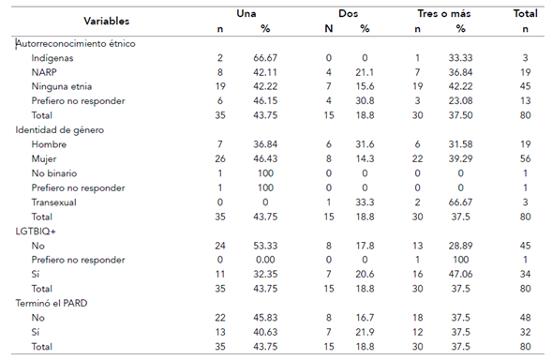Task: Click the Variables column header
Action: (106, 22)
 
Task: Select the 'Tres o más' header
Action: (444, 14)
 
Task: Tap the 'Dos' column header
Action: (349, 14)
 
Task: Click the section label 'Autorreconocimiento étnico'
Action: (76, 44)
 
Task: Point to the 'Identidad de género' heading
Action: (60, 130)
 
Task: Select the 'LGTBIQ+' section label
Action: (36, 231)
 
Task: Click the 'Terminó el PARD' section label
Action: (52, 303)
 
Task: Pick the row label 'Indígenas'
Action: (52, 58)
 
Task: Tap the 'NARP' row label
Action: (44, 72)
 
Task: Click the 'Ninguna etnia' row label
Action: (62, 86)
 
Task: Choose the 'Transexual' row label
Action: (53, 202)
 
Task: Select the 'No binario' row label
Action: (54, 173)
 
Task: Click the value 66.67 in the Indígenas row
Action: (265, 58)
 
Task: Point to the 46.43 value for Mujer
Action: (265, 158)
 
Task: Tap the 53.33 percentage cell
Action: (265, 246)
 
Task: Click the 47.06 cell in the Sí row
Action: (460, 274)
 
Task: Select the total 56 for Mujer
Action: (525, 158)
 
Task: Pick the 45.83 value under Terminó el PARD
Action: (265, 318)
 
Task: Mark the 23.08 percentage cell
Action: (460, 101)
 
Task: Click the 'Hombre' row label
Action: (49, 144)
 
